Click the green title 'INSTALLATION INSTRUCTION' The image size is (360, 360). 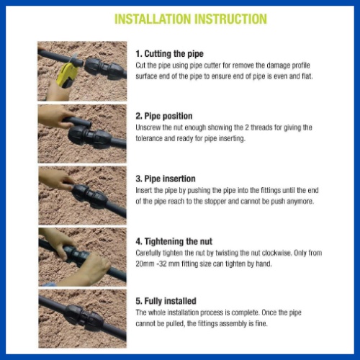[x=191, y=19]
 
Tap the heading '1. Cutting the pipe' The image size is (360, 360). [x=169, y=54]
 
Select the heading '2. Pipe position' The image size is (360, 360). [x=164, y=116]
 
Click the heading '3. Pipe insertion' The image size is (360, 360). [x=166, y=179]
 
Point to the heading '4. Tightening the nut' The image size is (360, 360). [x=174, y=241]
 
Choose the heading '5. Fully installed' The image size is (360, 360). [x=166, y=301]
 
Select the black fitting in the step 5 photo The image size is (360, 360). [x=84, y=315]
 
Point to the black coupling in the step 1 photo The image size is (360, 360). [x=105, y=68]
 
